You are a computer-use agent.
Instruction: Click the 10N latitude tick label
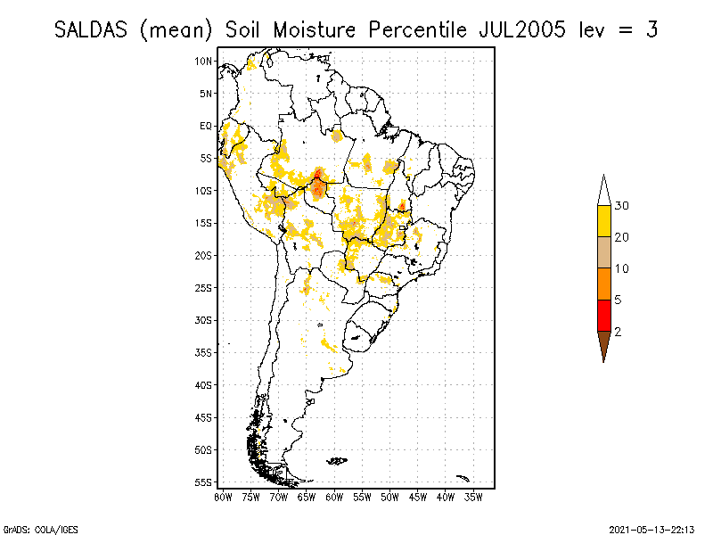[204, 61]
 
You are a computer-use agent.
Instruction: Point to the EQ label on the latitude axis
[206, 126]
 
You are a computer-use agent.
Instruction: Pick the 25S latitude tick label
[204, 287]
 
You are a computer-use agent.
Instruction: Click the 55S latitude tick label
[204, 482]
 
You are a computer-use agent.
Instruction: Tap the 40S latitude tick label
[204, 385]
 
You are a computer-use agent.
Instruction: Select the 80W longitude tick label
[223, 496]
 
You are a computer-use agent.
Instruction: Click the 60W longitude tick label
[334, 496]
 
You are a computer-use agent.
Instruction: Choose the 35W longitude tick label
[473, 496]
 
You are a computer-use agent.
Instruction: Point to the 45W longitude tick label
[418, 496]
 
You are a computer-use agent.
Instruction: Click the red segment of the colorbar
[603, 315]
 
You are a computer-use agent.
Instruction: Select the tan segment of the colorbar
[603, 252]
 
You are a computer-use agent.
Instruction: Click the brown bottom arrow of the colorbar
[603, 343]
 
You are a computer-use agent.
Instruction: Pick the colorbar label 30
[622, 206]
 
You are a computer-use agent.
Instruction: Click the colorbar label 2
[619, 331]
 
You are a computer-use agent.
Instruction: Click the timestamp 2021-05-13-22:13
[652, 528]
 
